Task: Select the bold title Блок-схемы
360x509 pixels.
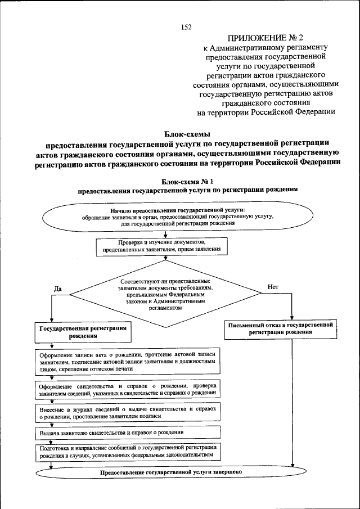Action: click(x=187, y=134)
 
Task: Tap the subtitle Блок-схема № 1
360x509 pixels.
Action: click(x=187, y=181)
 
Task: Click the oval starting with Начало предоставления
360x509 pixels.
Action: click(x=186, y=216)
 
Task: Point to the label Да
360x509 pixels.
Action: click(x=57, y=289)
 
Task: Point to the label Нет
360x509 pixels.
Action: click(x=273, y=286)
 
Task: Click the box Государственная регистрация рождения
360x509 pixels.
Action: click(x=82, y=331)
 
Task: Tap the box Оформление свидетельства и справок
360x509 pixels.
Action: click(x=129, y=389)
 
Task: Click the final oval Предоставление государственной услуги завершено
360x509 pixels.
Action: click(x=171, y=472)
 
